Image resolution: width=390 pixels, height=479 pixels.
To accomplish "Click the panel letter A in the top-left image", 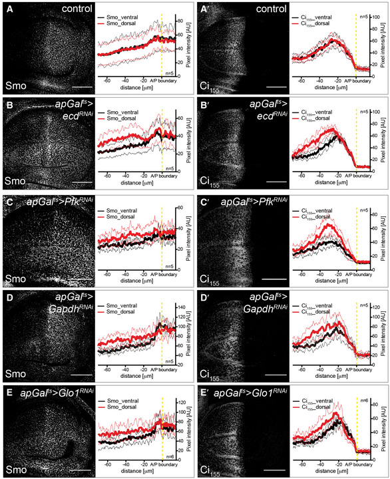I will pyautogui.click(x=8, y=9).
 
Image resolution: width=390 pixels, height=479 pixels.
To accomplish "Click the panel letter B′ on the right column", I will pyautogui.click(x=206, y=104).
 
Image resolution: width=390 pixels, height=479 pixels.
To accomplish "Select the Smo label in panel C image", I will pyautogui.click(x=15, y=274).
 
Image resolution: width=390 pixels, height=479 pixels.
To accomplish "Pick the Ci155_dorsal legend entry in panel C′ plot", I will pyautogui.click(x=323, y=214).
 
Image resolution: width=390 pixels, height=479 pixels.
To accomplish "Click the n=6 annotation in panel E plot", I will pyautogui.click(x=170, y=456).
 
